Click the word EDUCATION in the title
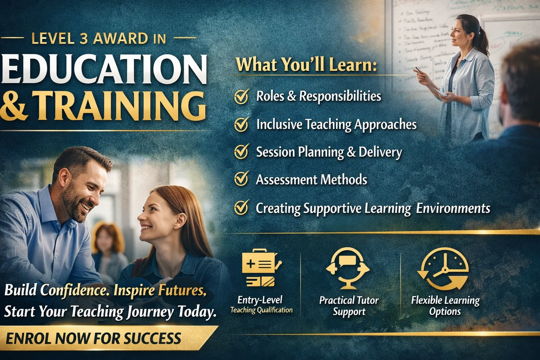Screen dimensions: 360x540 (x=104, y=69)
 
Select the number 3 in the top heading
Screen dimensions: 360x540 (x=84, y=39)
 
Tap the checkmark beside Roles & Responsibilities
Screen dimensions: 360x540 (x=242, y=96)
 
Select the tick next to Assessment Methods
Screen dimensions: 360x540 (x=242, y=179)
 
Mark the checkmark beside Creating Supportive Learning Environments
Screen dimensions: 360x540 (x=242, y=207)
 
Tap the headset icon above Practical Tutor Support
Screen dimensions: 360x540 (x=348, y=267)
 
